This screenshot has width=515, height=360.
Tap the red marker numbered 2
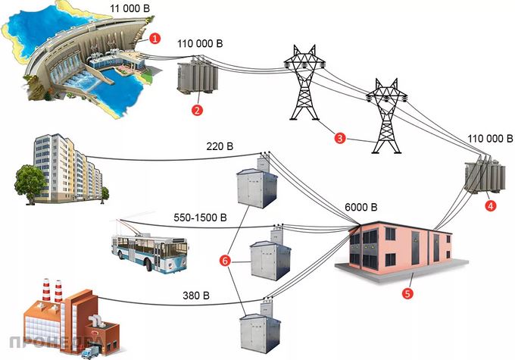click(197, 110)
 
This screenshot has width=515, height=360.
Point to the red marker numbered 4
click(491, 205)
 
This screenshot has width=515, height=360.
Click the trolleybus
click(150, 250)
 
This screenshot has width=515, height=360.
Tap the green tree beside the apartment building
click(30, 181)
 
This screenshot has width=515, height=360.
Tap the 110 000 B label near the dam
click(201, 44)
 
